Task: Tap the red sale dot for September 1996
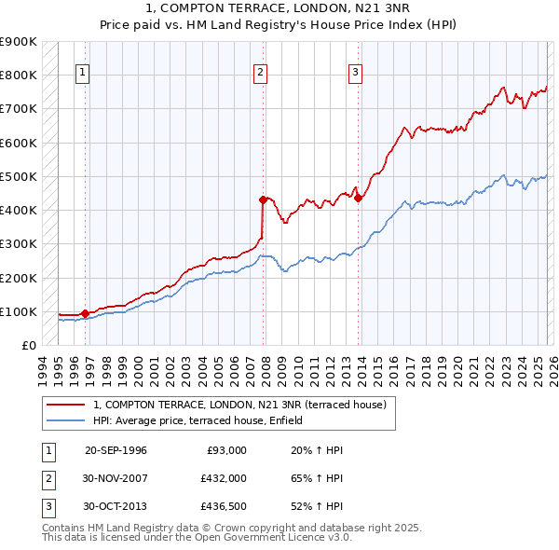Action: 85,314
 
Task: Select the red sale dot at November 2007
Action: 263,199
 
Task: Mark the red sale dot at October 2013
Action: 358,198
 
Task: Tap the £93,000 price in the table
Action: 225,450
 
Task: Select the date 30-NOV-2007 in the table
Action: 116,478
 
